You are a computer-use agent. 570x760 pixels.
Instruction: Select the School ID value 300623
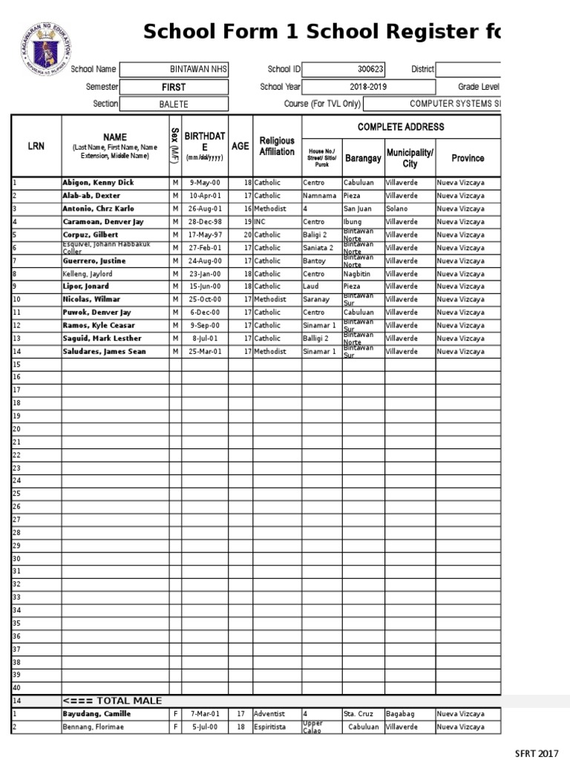click(370, 69)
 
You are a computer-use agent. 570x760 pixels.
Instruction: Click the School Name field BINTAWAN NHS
click(198, 69)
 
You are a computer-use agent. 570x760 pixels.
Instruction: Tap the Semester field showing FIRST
click(174, 87)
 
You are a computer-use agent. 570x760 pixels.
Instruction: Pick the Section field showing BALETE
click(174, 105)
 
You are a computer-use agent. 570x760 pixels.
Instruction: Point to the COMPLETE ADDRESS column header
click(401, 127)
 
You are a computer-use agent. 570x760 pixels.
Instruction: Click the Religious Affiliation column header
click(277, 146)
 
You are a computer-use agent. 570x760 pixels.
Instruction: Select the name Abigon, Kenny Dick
click(98, 183)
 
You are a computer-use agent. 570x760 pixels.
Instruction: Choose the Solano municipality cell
click(398, 209)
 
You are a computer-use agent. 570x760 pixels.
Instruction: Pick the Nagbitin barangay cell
click(358, 274)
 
